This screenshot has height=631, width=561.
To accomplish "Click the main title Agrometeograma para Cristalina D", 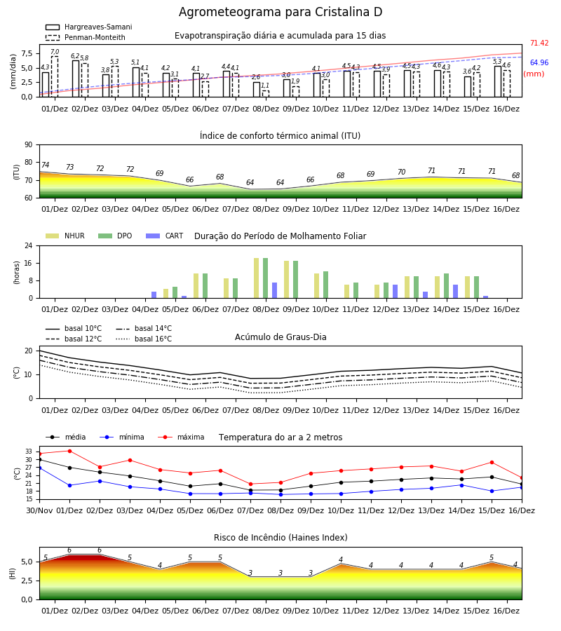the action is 280,12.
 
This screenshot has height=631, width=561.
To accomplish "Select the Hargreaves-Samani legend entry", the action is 88,27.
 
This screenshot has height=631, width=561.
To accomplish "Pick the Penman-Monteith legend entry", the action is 86,37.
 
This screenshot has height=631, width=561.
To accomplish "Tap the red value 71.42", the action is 539,43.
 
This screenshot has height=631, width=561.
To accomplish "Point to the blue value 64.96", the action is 539,62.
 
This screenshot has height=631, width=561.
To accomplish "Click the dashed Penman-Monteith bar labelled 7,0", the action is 55,76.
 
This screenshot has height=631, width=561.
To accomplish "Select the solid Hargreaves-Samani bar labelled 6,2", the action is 76,79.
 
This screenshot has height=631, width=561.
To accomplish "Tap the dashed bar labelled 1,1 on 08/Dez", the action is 266,94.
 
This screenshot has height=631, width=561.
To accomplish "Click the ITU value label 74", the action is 45,165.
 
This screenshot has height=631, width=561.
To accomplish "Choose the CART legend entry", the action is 165,236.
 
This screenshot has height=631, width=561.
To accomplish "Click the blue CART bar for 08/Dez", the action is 274,290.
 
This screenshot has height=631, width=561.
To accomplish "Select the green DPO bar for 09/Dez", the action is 296,280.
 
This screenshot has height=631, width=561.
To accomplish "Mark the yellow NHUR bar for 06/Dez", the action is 196,286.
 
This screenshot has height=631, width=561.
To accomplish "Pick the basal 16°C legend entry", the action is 144,339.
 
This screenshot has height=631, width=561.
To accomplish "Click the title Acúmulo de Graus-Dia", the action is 280,337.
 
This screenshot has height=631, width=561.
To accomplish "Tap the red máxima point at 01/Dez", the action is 69,451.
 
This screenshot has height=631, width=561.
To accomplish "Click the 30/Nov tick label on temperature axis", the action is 39,510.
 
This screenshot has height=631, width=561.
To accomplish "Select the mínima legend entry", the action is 122,437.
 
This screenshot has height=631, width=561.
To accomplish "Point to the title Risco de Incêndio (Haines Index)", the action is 280,538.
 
